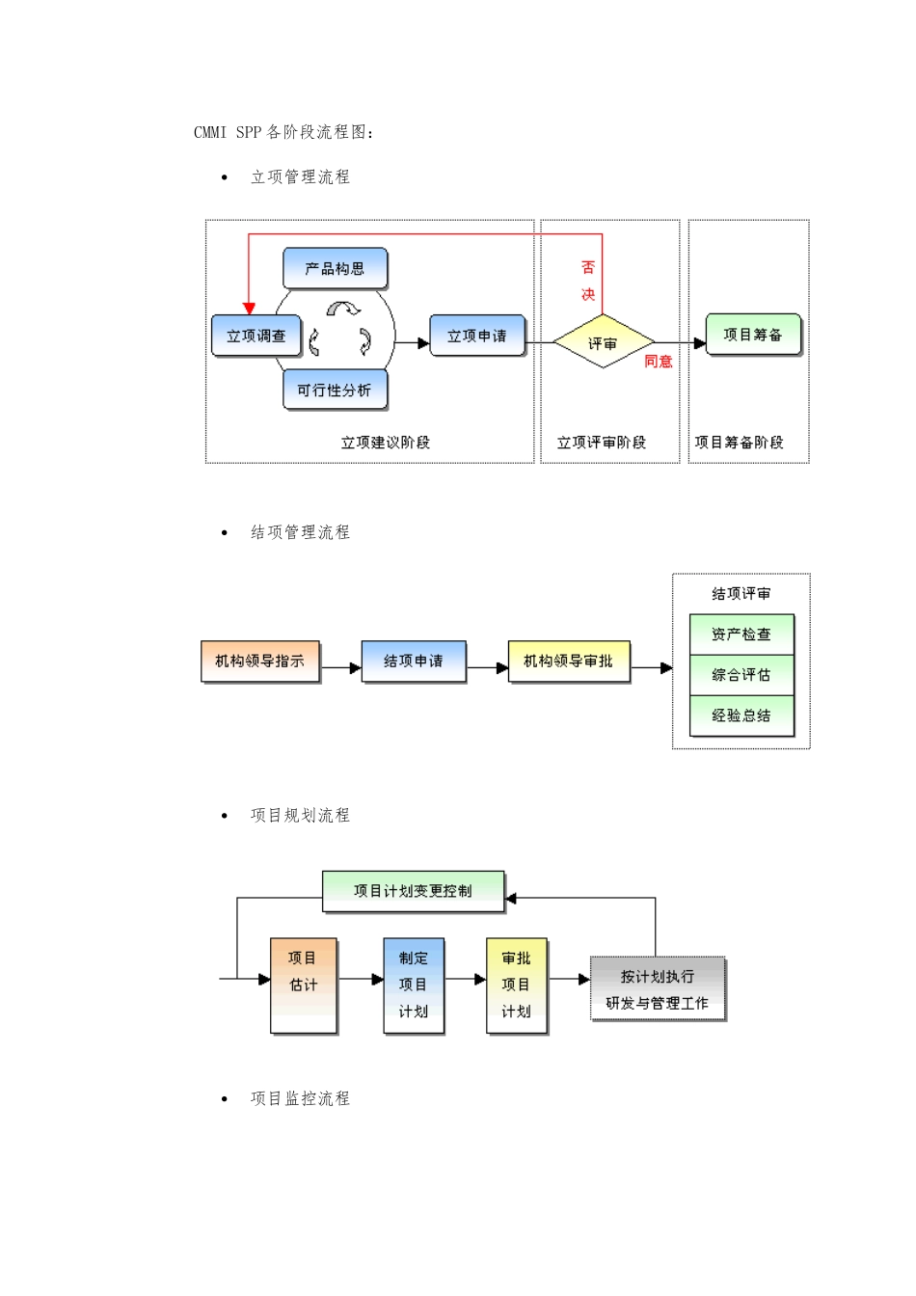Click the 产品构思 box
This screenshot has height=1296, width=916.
335,268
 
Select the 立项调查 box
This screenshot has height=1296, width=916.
256,336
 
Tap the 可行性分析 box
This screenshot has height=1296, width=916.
335,390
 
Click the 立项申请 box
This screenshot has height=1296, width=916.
477,336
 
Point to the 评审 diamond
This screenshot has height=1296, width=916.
603,342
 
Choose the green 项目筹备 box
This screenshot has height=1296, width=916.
753,335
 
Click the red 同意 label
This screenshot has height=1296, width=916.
659,362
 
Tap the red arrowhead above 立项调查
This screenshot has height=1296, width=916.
249,309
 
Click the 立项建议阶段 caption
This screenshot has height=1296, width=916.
385,443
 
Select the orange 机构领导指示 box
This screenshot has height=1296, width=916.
260,661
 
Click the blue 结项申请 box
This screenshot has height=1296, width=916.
414,661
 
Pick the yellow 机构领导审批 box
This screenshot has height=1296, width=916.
569,661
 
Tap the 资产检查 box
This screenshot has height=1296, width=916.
741,634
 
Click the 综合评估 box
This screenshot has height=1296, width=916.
741,675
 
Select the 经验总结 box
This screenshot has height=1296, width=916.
741,715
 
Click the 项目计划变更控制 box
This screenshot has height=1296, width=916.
413,891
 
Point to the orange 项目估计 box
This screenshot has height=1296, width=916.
304,985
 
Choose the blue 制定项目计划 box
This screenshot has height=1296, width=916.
414,985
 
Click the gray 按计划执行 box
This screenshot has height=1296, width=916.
658,989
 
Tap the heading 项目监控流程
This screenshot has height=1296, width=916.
300,1098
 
